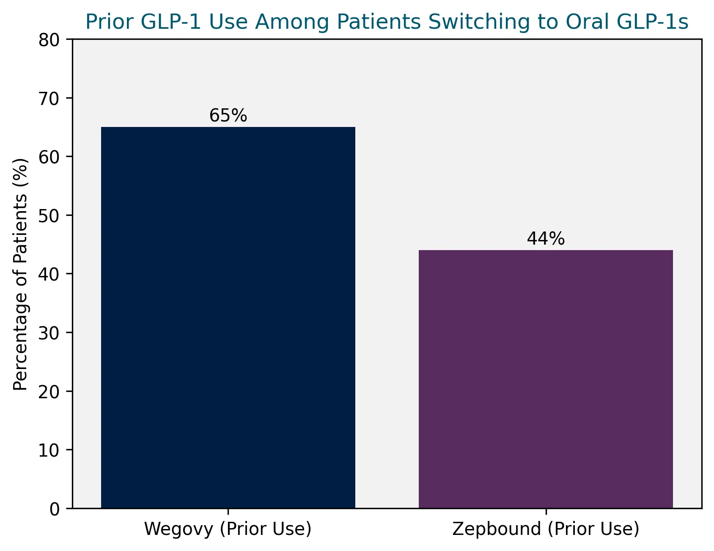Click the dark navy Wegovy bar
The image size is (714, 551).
click(x=228, y=317)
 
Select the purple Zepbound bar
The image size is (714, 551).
click(x=546, y=379)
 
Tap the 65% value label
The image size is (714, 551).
click(x=228, y=116)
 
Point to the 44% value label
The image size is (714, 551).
click(x=546, y=239)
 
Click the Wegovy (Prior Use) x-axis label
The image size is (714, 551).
click(x=228, y=529)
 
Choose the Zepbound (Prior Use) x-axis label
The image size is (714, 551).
click(x=546, y=529)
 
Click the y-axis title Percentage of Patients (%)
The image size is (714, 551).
click(x=20, y=274)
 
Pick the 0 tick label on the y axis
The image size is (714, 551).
click(x=55, y=508)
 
